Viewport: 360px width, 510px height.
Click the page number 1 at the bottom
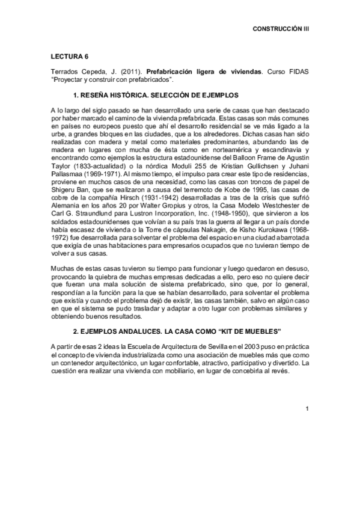tap(307, 410)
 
